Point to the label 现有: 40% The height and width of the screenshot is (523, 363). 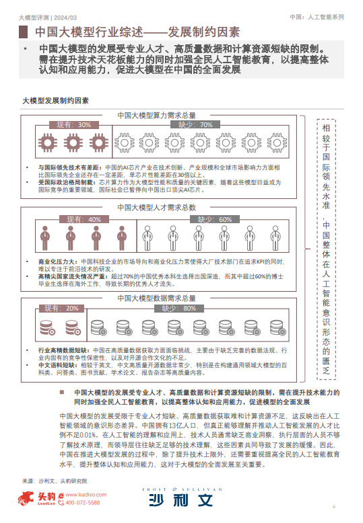84,219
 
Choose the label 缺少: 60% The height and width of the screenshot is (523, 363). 215,219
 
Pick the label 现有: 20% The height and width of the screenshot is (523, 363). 61,308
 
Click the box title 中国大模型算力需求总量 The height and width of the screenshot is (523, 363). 156,115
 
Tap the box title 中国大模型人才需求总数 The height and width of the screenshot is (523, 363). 156,208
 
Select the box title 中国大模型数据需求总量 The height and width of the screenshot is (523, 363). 156,297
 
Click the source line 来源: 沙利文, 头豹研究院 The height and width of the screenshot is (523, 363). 55,481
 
